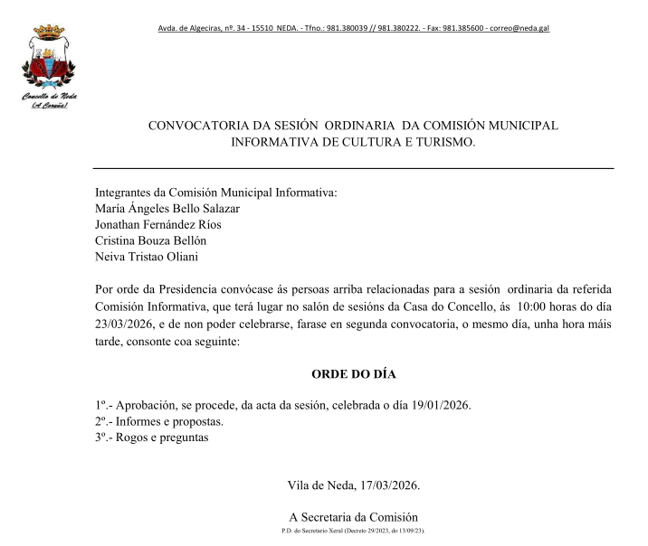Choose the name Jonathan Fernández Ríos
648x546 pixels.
pos(157,224)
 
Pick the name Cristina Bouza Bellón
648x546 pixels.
pos(150,240)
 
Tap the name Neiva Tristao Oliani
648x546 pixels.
pos(146,257)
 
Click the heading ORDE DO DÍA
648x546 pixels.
pos(354,373)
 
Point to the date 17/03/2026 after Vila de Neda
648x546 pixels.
pos(386,485)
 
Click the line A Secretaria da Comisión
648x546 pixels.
pos(354,517)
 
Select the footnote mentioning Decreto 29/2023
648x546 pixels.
pos(354,531)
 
